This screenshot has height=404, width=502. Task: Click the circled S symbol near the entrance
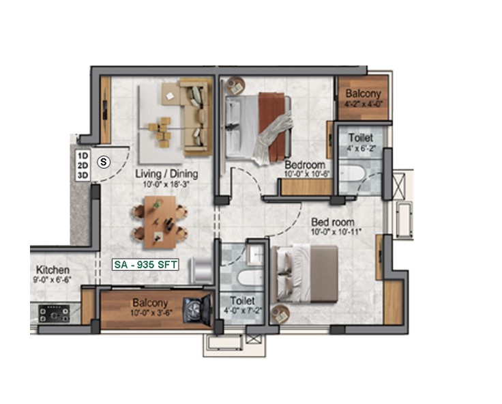click(104, 162)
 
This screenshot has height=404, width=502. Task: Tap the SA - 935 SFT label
click(145, 265)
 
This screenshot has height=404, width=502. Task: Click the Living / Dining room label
click(166, 174)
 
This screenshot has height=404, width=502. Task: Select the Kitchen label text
click(53, 270)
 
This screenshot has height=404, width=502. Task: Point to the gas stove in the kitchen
click(55, 314)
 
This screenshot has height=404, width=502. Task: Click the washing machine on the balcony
click(197, 310)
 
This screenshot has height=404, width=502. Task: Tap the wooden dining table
click(160, 222)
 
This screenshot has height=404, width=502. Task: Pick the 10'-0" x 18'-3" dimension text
click(166, 184)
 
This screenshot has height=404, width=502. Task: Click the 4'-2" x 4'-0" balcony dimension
click(364, 104)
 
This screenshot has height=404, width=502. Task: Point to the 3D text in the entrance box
click(83, 175)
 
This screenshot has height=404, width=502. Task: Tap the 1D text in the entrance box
click(83, 156)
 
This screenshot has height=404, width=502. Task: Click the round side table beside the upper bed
click(235, 86)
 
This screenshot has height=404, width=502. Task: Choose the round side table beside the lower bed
click(280, 315)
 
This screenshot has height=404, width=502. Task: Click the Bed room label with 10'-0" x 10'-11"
click(333, 222)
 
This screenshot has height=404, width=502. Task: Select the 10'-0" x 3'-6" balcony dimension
click(151, 313)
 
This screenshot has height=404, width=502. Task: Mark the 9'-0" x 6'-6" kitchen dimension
click(53, 280)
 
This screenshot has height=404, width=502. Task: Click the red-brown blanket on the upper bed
click(271, 126)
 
